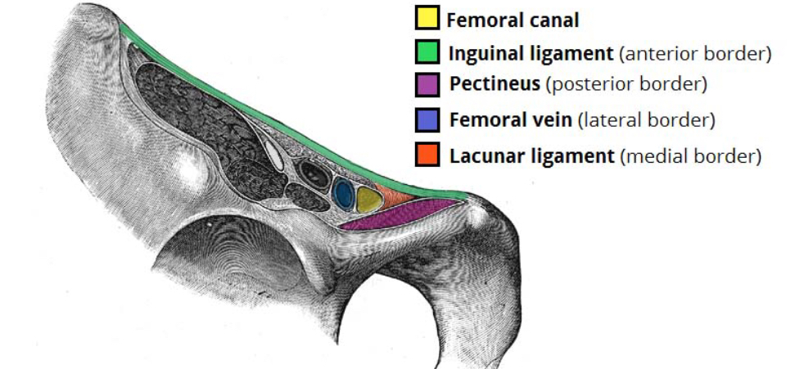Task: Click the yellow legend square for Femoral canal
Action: tap(427, 18)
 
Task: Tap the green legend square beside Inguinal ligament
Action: tap(427, 54)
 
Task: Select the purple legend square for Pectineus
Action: tap(427, 84)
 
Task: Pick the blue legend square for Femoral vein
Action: tap(427, 119)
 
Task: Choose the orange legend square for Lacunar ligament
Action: tap(427, 154)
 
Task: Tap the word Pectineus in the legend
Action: tap(494, 84)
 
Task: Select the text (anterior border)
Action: tap(696, 55)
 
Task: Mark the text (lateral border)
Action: tap(646, 120)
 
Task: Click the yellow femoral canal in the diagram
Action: tap(368, 199)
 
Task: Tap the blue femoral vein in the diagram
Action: tap(344, 195)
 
